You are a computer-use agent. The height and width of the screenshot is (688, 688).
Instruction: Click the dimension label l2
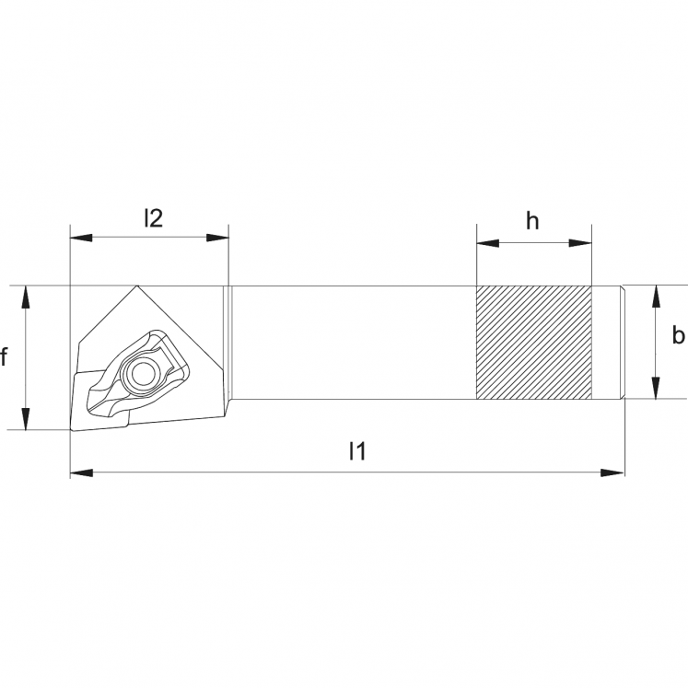click(x=153, y=218)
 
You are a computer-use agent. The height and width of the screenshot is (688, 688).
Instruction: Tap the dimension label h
click(x=532, y=221)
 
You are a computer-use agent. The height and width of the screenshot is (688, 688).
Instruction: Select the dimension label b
click(x=677, y=336)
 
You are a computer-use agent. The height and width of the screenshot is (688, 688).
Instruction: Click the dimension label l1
click(x=357, y=451)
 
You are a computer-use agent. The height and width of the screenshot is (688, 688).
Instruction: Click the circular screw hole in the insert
click(x=143, y=373)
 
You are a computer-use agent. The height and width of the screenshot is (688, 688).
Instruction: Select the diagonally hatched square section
click(x=533, y=343)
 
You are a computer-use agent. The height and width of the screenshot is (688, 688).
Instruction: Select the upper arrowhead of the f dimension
click(x=27, y=296)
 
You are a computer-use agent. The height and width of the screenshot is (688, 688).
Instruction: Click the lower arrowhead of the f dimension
click(x=27, y=419)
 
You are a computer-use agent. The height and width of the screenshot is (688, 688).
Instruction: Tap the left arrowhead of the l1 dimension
click(x=81, y=472)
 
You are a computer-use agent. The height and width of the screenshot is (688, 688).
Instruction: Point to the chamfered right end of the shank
click(x=622, y=343)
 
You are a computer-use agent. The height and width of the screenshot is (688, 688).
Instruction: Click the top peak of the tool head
click(x=138, y=286)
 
